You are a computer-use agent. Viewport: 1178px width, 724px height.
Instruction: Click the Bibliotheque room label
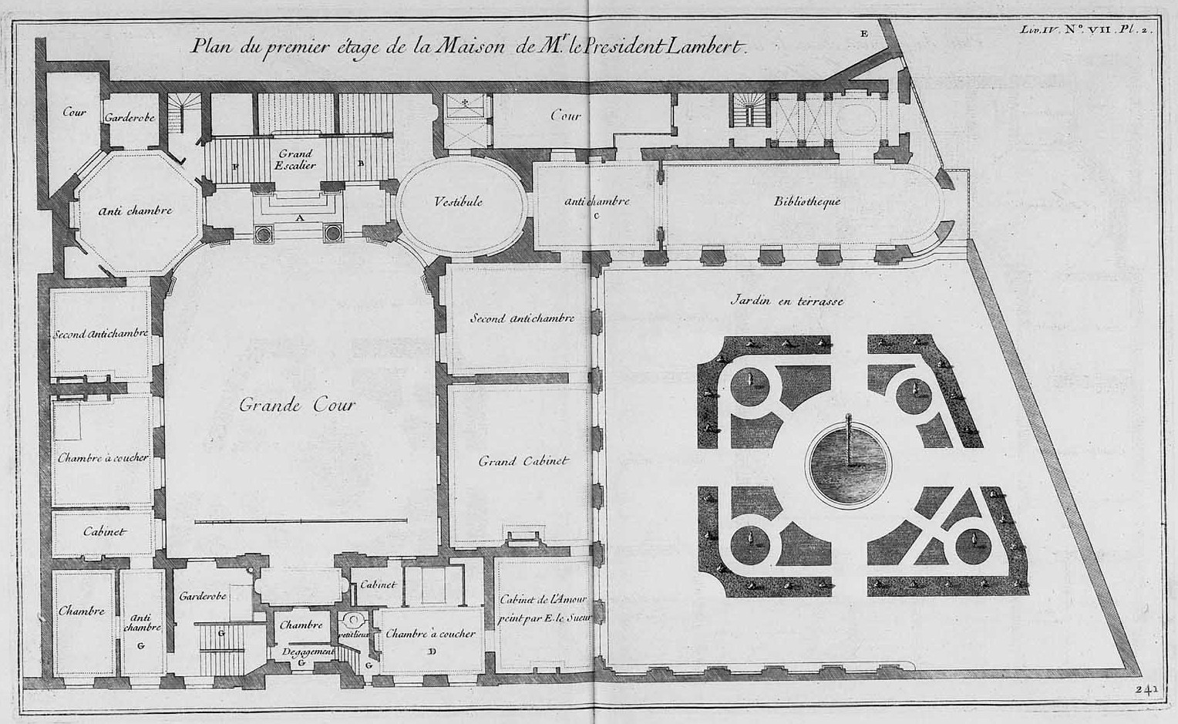(806, 201)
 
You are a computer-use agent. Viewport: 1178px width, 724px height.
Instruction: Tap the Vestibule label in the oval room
(458, 201)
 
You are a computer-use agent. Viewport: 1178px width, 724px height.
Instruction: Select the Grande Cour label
(297, 405)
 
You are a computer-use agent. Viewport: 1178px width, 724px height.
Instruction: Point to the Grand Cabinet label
(523, 461)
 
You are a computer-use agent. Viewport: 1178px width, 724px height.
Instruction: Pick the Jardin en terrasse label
(786, 301)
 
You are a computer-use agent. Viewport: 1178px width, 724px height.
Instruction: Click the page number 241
(1147, 689)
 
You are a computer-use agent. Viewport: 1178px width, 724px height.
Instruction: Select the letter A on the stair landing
(299, 218)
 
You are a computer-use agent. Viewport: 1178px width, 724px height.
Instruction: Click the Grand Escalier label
(296, 160)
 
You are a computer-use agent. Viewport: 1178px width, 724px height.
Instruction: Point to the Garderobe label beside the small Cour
(130, 117)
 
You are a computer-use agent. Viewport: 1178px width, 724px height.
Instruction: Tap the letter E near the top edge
(863, 33)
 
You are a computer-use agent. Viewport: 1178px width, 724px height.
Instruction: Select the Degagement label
(308, 652)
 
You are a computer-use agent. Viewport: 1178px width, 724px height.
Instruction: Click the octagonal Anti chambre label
(136, 210)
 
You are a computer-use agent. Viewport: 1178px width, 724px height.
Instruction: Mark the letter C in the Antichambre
(596, 216)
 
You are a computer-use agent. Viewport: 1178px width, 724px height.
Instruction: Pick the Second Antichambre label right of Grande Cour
(522, 318)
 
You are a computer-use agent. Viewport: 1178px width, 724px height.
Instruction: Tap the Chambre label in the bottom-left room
(81, 611)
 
